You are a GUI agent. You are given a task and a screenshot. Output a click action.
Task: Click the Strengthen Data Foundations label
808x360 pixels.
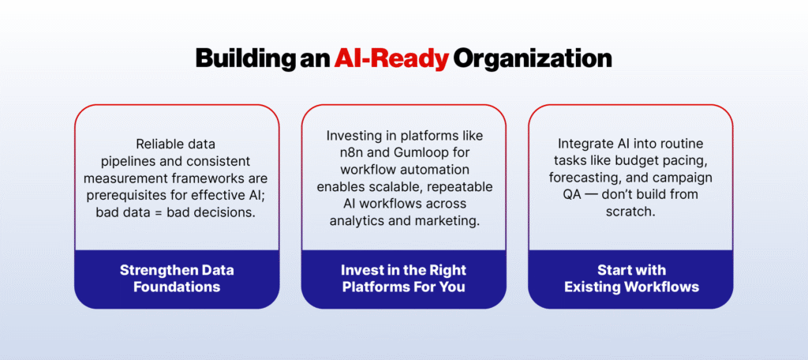pos(177,279)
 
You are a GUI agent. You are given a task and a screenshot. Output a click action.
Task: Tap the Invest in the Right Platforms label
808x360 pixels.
pos(403,279)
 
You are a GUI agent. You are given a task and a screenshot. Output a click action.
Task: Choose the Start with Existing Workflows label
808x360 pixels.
pos(630,279)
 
